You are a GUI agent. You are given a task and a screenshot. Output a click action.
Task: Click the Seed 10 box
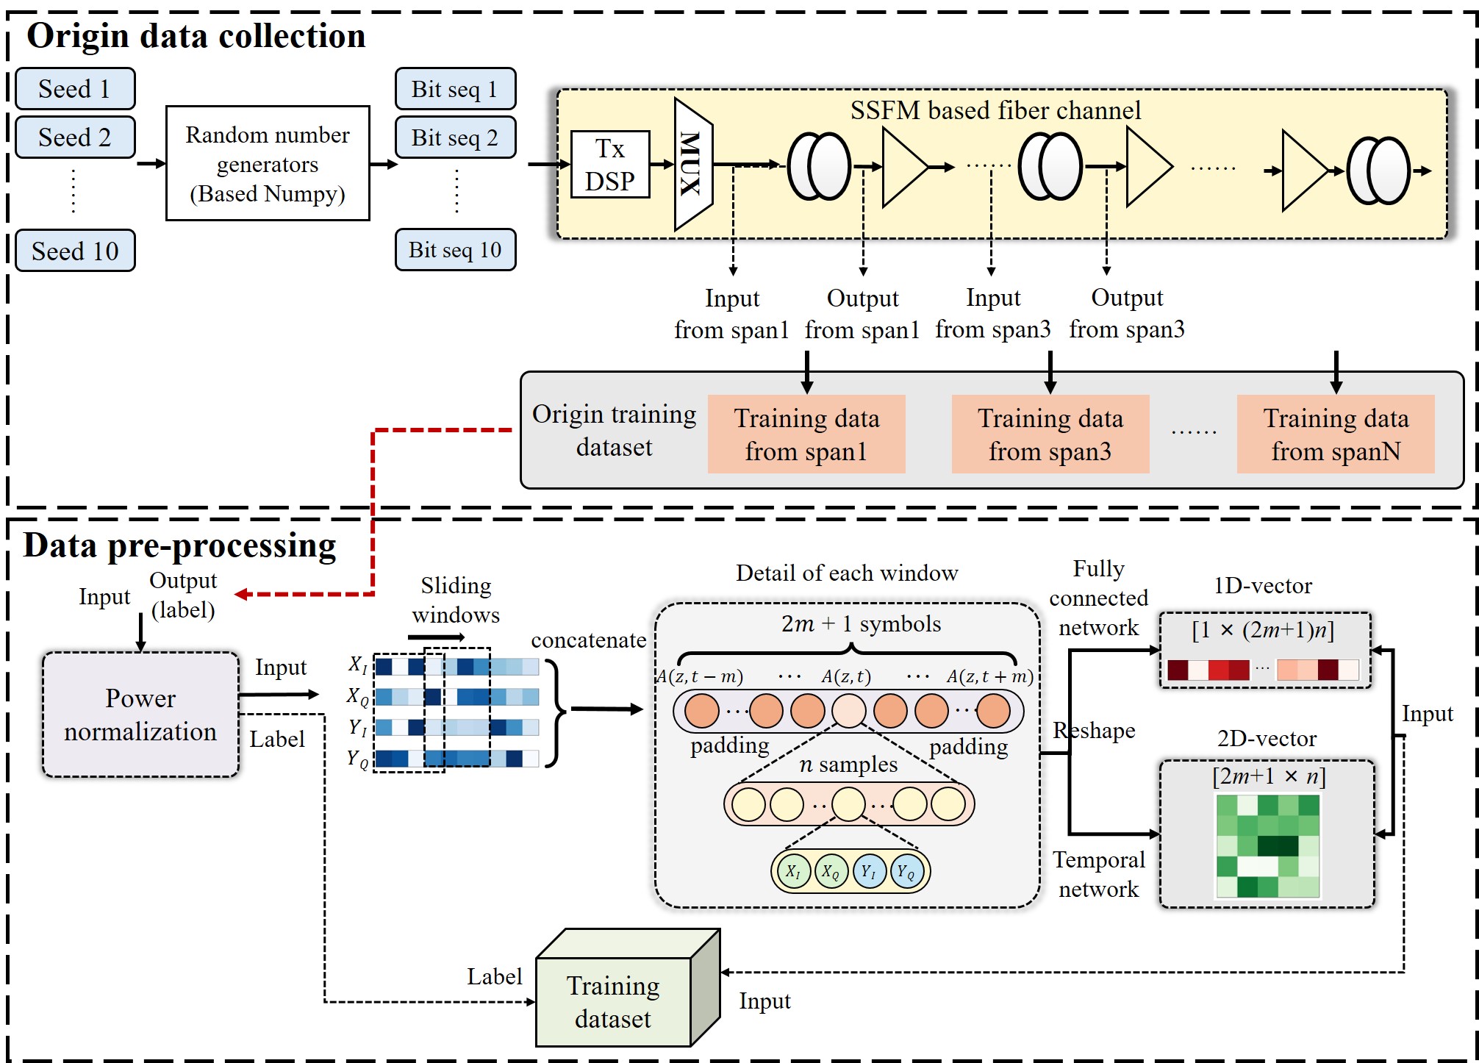75,251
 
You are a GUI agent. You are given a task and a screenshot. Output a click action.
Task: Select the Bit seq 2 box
455,137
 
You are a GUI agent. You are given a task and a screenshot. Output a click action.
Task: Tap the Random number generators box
268,164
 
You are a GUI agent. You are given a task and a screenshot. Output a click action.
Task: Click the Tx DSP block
610,165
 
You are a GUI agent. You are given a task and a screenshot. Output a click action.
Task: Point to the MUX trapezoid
692,165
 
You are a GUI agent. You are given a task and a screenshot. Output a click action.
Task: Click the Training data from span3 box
1050,434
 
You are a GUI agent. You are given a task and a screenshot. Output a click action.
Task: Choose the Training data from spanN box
1335,434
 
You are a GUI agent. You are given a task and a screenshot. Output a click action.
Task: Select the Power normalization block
140,715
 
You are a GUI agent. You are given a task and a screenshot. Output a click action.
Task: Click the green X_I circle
792,871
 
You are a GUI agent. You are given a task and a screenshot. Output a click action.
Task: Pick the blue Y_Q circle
907,871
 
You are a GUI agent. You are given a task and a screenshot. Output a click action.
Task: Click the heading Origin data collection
196,35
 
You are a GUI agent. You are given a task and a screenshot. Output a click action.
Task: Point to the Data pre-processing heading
179,545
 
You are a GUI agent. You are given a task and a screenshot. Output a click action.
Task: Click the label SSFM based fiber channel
995,110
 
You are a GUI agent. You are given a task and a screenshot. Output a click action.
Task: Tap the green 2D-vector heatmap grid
1268,846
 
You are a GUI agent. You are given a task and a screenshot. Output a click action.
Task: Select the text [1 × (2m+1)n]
1263,630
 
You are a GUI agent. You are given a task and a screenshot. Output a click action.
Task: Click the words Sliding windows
456,600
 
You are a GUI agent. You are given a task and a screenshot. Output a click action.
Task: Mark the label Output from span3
1127,313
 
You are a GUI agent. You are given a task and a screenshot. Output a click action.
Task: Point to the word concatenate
588,640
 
